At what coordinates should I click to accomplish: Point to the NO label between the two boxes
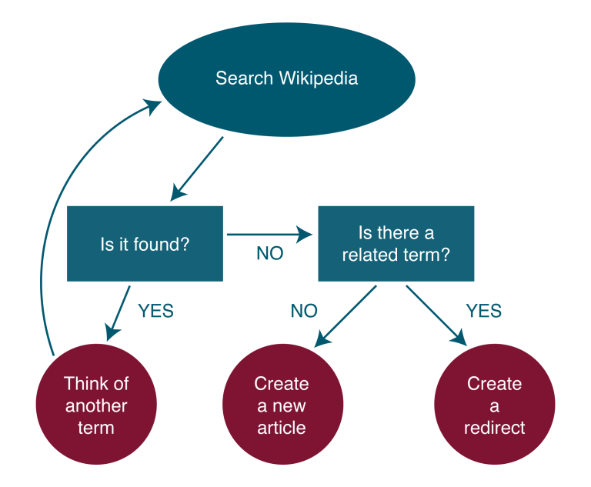(x=269, y=254)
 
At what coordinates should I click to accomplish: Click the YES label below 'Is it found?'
(x=155, y=312)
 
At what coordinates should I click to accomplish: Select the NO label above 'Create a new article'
(x=303, y=312)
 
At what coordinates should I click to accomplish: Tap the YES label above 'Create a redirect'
(x=483, y=312)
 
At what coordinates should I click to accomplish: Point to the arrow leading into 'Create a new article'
(x=346, y=315)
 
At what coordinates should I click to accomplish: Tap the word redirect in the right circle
(x=494, y=428)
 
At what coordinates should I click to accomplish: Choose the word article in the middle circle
(x=282, y=428)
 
